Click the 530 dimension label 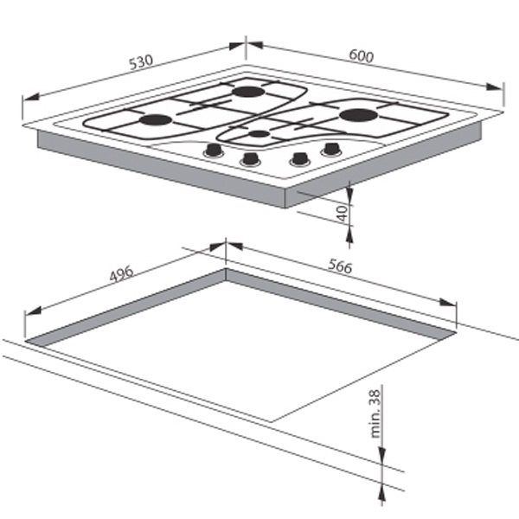(x=141, y=62)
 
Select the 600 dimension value (x=361, y=56)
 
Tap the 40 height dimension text (x=343, y=213)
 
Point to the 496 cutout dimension (x=121, y=273)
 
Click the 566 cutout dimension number (x=340, y=266)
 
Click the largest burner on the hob (x=358, y=115)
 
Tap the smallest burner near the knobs (x=259, y=134)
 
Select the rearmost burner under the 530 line (x=248, y=92)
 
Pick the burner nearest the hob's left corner (x=156, y=119)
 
